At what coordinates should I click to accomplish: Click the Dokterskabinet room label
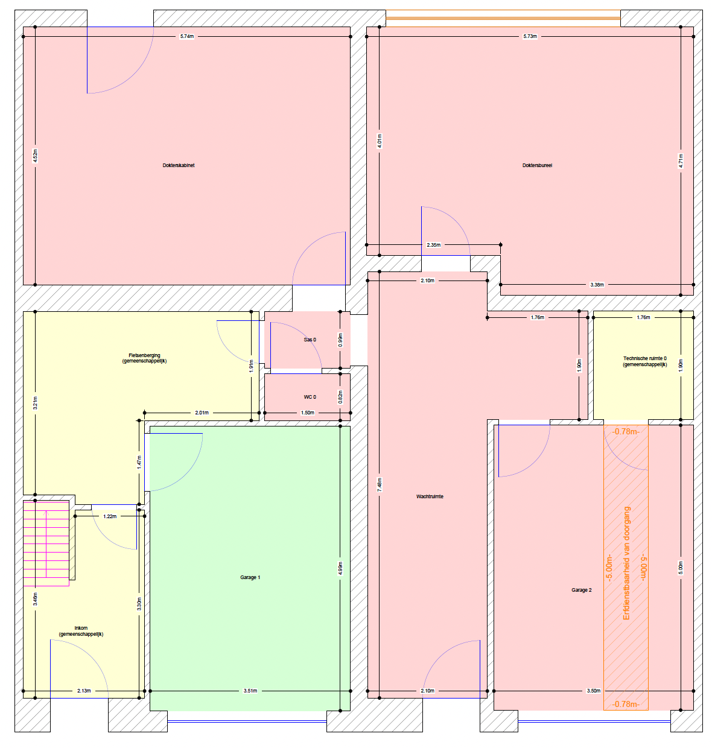[x=178, y=165]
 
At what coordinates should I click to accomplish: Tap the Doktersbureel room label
[x=536, y=165]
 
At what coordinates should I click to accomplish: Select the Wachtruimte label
[x=429, y=496]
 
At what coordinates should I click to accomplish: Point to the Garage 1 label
[x=250, y=577]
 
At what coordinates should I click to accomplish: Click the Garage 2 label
[x=581, y=590]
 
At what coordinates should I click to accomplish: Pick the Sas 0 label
[x=310, y=340]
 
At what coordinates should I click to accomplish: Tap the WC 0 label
[x=310, y=397]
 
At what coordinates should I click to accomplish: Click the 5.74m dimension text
[x=187, y=37]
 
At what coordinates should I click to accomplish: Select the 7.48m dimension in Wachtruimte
[x=380, y=484]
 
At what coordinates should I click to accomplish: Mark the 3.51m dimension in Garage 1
[x=250, y=691]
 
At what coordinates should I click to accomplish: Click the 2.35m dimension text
[x=433, y=245]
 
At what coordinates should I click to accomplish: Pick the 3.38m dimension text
[x=596, y=285]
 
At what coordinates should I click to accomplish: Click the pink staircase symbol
[x=46, y=543]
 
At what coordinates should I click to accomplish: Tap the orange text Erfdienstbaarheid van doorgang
[x=626, y=563]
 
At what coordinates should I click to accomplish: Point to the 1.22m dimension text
[x=110, y=516]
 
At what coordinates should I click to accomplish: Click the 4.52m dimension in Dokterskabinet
[x=35, y=156]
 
